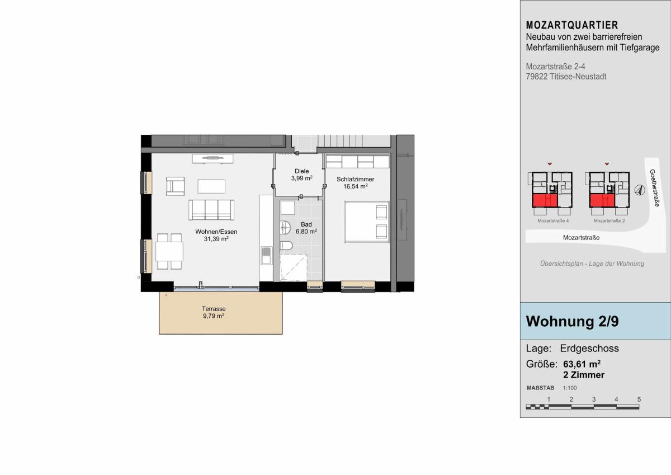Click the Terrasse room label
pos(214,308)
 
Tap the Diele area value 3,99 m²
pos(301,178)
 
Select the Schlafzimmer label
pos(355,179)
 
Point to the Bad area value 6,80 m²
pos(306,232)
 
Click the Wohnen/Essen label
pos(216,232)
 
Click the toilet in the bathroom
pos(286,246)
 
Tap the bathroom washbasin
pos(286,228)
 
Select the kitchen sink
pos(266,255)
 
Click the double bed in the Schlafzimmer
pos(367,222)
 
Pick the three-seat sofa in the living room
pos(211,210)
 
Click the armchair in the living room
pos(175,186)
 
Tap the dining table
pos(169,251)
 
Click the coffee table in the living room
pos(211,186)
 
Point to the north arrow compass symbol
pos(639,190)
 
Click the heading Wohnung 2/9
pos(572,321)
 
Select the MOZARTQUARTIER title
pos(572,25)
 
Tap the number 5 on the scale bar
pos(639,399)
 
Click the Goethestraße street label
pos(655,188)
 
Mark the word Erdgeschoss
pos(589,348)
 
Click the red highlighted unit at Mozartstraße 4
pos(545,200)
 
